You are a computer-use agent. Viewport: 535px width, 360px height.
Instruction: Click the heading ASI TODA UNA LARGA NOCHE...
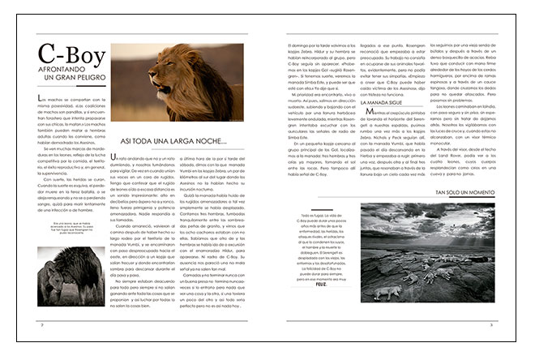tap(172, 141)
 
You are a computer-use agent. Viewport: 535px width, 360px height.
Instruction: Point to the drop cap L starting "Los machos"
tap(41, 99)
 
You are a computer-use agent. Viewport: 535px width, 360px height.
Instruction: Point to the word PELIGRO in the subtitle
tap(85, 79)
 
